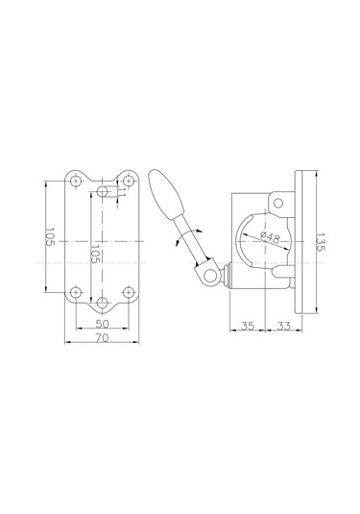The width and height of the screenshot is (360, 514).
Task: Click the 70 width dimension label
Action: [102, 337]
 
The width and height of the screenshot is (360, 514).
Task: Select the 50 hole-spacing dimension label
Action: [102, 324]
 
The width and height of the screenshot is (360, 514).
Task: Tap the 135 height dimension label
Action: [320, 242]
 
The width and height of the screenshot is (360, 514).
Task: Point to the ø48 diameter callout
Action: [271, 237]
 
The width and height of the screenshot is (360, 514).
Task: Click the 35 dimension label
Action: [248, 326]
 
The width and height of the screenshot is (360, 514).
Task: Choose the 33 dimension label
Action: [283, 326]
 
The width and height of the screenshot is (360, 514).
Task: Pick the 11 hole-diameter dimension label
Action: [121, 192]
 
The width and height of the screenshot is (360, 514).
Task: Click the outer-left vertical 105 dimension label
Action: [50, 237]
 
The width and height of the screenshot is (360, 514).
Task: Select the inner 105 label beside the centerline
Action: [95, 254]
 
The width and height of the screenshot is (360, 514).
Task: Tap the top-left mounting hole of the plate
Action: [76, 181]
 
